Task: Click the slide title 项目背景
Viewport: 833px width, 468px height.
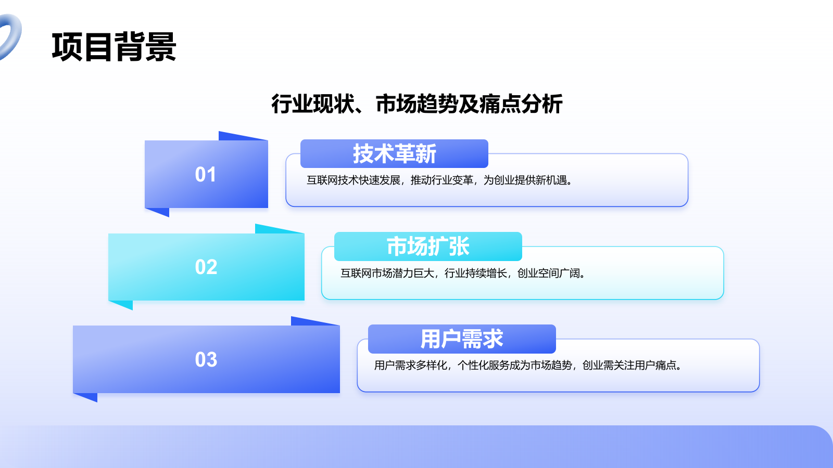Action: pyautogui.click(x=114, y=47)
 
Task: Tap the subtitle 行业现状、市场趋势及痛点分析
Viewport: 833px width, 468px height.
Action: pyautogui.click(x=417, y=104)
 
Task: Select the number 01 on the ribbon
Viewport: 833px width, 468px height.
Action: pyautogui.click(x=205, y=174)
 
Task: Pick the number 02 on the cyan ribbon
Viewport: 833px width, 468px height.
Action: pyautogui.click(x=206, y=267)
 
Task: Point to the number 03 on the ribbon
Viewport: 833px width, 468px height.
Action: pyautogui.click(x=206, y=359)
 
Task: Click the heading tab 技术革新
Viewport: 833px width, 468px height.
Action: pyautogui.click(x=394, y=153)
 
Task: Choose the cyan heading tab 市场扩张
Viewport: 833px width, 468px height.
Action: pyautogui.click(x=428, y=246)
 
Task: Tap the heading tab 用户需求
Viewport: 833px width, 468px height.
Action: pyautogui.click(x=462, y=339)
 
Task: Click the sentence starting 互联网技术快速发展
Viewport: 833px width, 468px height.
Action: pyautogui.click(x=439, y=180)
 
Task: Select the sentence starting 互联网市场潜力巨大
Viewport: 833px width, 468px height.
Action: pyautogui.click(x=463, y=274)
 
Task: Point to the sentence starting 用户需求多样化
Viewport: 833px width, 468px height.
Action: pyautogui.click(x=528, y=366)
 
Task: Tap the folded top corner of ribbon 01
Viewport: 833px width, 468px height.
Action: pyautogui.click(x=243, y=136)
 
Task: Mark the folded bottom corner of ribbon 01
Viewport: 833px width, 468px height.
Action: pyautogui.click(x=157, y=212)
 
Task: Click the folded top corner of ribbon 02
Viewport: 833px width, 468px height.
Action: pyautogui.click(x=279, y=229)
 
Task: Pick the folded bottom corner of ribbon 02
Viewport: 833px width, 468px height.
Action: pyautogui.click(x=121, y=305)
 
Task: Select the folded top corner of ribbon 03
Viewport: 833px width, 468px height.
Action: pyautogui.click(x=315, y=321)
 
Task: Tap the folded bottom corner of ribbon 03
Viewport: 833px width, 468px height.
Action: pyautogui.click(x=85, y=397)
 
